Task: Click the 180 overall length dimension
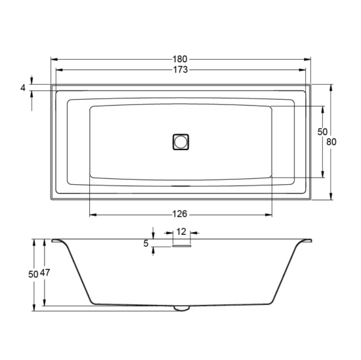[180, 60]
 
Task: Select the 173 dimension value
[180, 70]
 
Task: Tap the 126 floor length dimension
[180, 214]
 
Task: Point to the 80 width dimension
[331, 142]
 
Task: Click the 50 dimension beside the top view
[322, 132]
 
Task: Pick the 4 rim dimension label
[23, 88]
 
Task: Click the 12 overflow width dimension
[181, 231]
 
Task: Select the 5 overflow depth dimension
[146, 243]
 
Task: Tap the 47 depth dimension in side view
[45, 273]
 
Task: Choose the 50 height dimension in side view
[33, 274]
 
